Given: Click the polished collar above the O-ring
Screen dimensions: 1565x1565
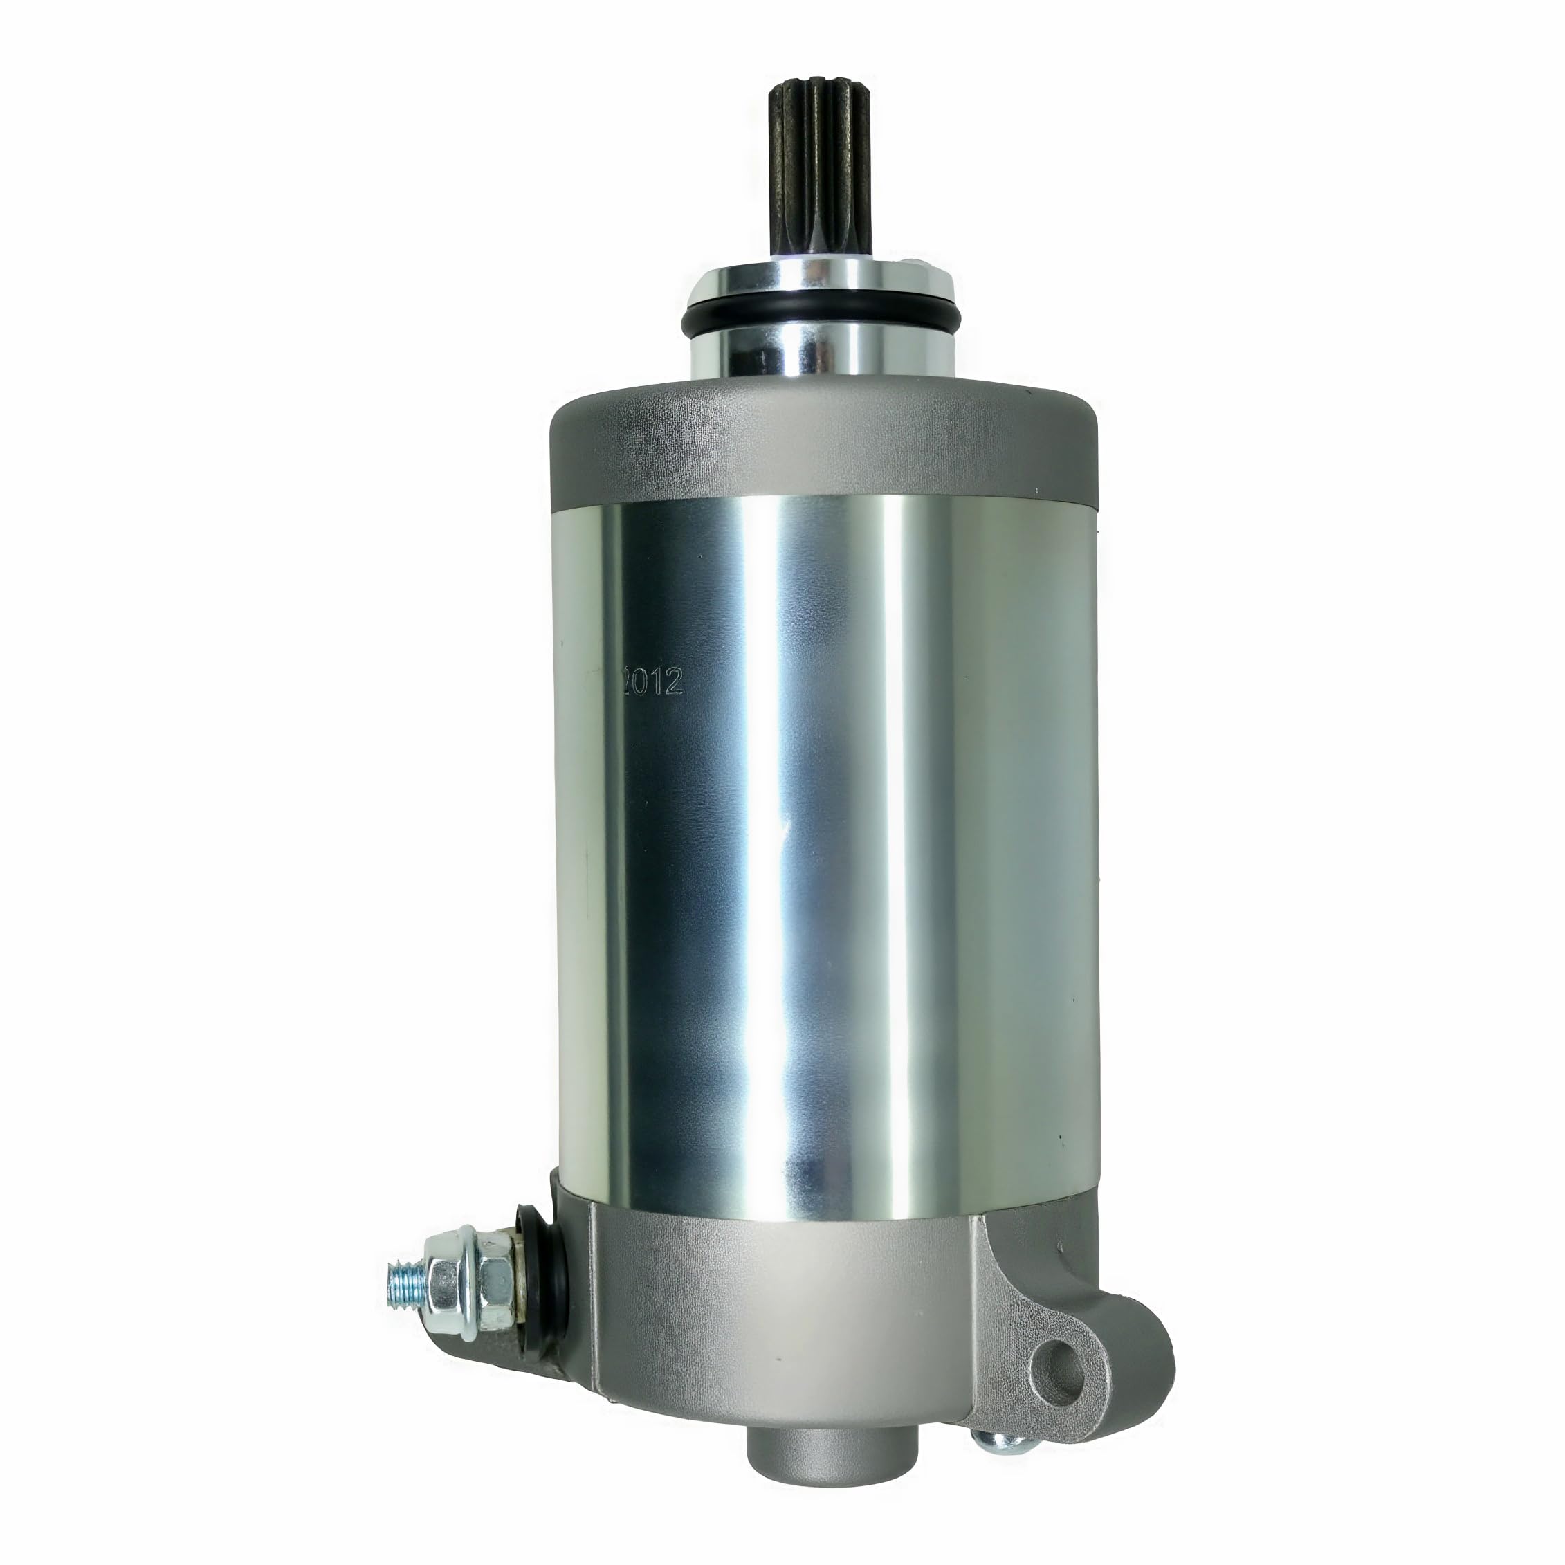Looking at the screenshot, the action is coord(820,280).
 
